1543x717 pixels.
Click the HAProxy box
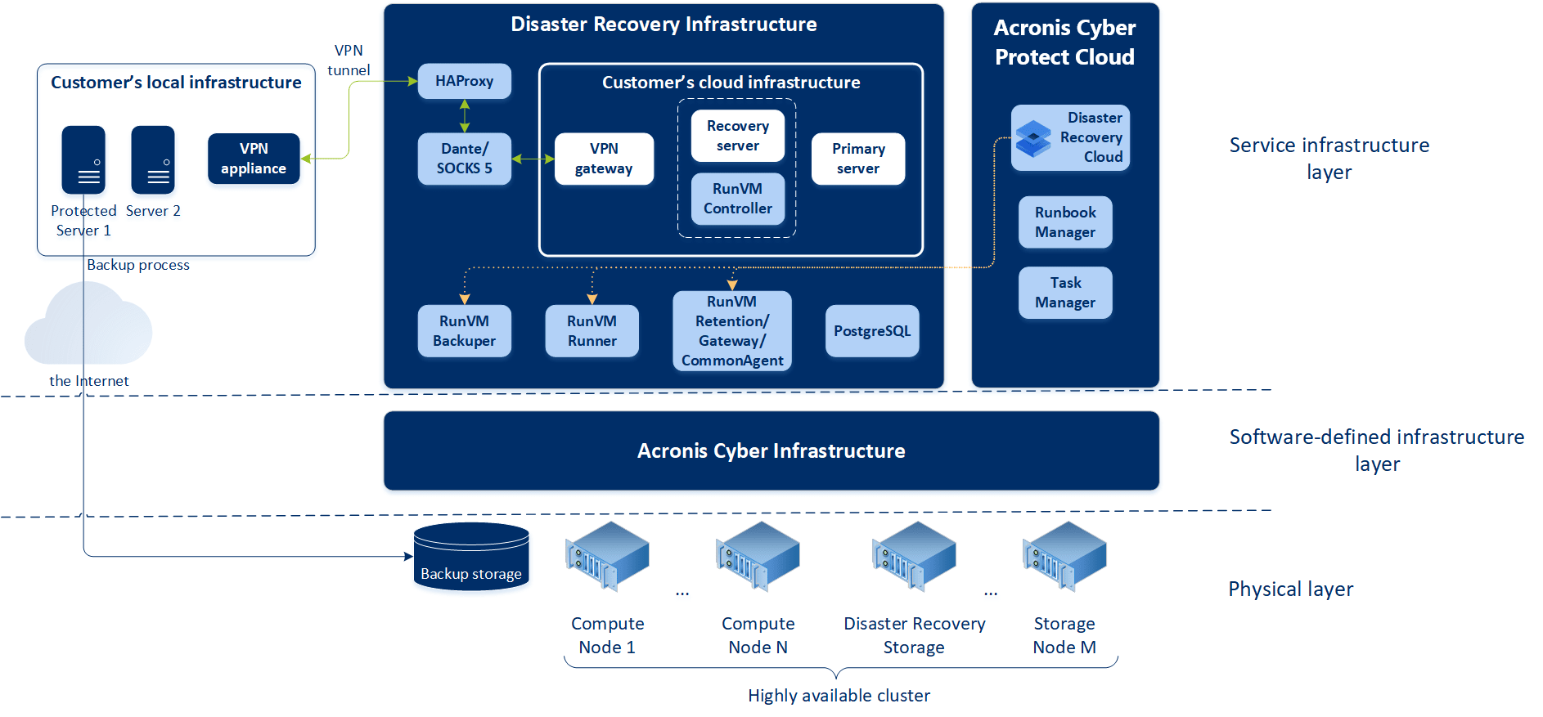click(464, 81)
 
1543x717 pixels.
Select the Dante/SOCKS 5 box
click(464, 159)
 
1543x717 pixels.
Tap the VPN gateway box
click(604, 159)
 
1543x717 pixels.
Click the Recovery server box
click(737, 136)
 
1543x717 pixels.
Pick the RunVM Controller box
click(737, 199)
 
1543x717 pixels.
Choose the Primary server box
click(857, 159)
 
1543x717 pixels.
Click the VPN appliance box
click(254, 159)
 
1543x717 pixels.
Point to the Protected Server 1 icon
click(83, 159)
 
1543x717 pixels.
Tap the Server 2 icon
click(153, 159)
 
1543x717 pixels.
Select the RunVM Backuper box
click(464, 331)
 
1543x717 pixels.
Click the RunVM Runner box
click(592, 331)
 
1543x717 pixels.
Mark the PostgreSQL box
click(872, 331)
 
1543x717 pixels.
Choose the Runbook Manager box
click(1065, 222)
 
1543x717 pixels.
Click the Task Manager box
click(1065, 293)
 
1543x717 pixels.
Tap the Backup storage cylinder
click(471, 557)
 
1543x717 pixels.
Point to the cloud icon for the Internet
click(88, 326)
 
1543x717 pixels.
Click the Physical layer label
click(1290, 589)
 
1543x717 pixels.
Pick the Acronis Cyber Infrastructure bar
click(771, 451)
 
